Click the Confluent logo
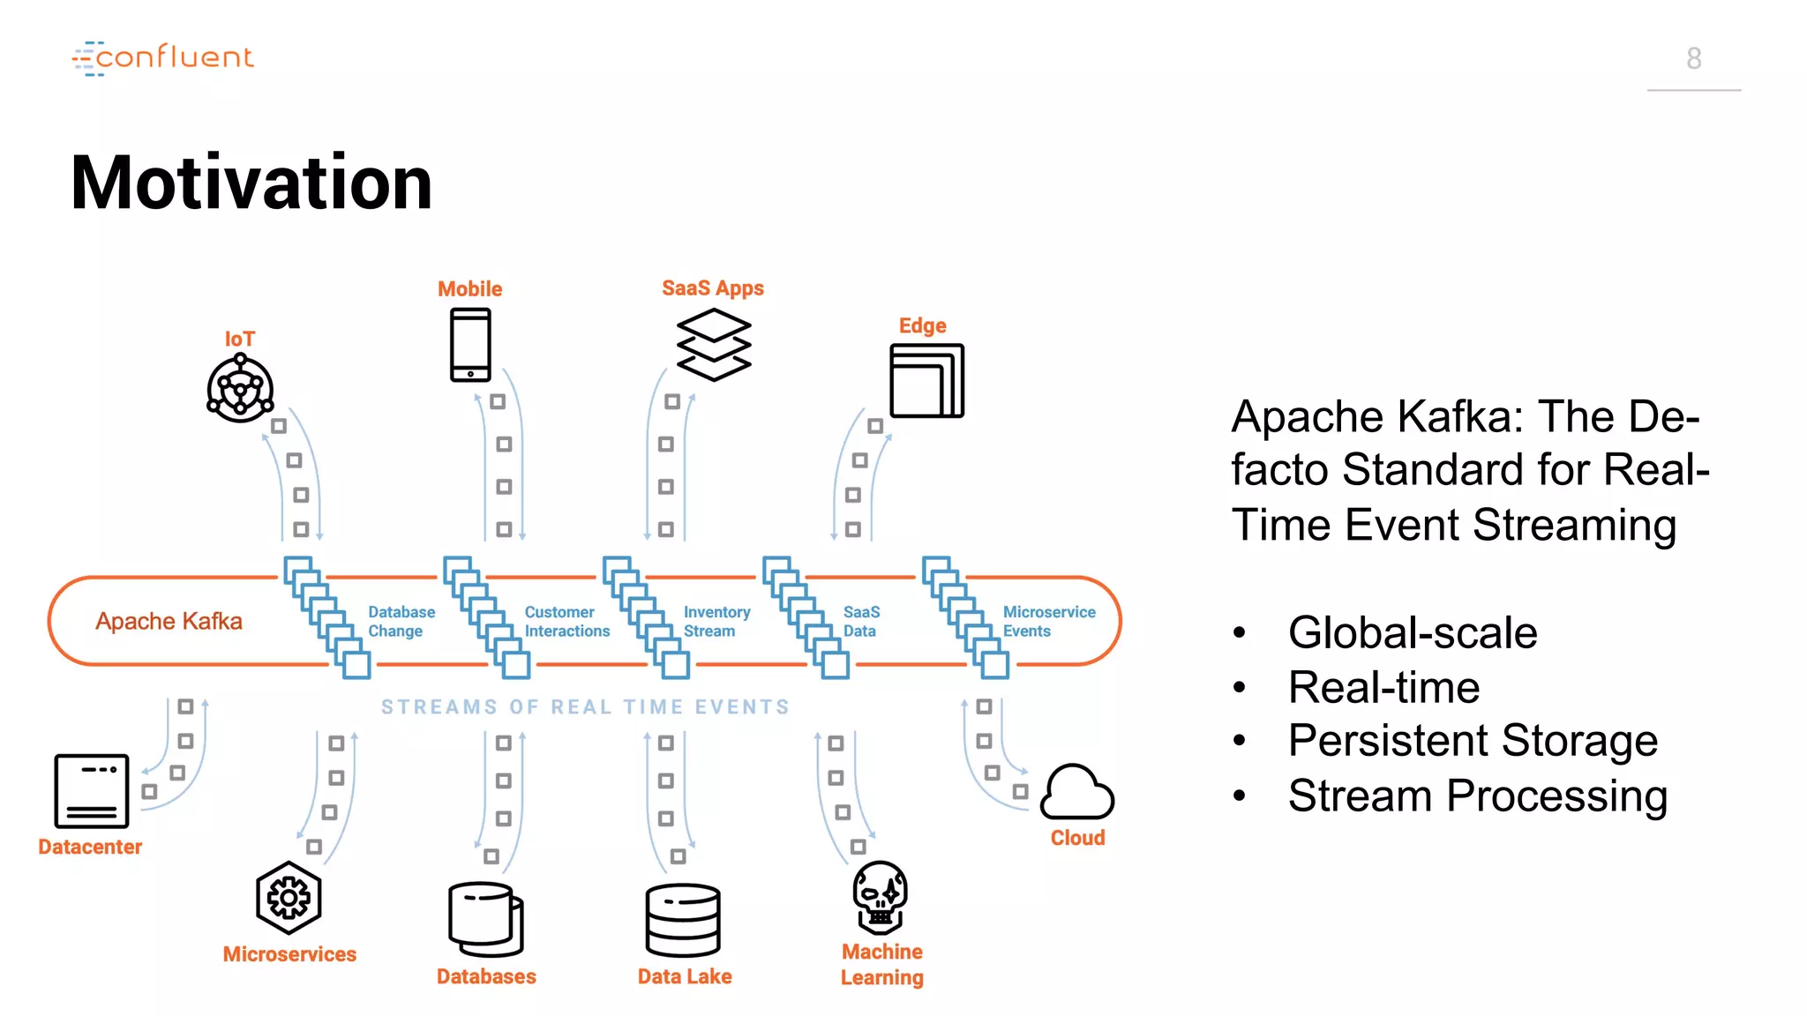click(x=163, y=58)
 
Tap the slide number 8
click(x=1693, y=58)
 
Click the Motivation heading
click(x=251, y=183)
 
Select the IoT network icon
click(x=240, y=389)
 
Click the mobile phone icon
click(x=470, y=345)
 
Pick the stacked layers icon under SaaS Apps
click(x=714, y=345)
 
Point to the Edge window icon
click(x=926, y=381)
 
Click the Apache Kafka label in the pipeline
click(x=169, y=621)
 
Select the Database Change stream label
click(x=401, y=621)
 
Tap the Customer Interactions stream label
click(x=566, y=621)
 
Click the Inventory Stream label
click(x=716, y=621)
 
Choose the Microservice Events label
click(x=1048, y=621)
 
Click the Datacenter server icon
click(x=92, y=790)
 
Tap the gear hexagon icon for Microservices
click(x=289, y=898)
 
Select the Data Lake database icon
click(x=683, y=920)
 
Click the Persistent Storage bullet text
click(x=1473, y=740)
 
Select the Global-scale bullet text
click(x=1412, y=632)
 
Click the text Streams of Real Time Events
click(x=585, y=706)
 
